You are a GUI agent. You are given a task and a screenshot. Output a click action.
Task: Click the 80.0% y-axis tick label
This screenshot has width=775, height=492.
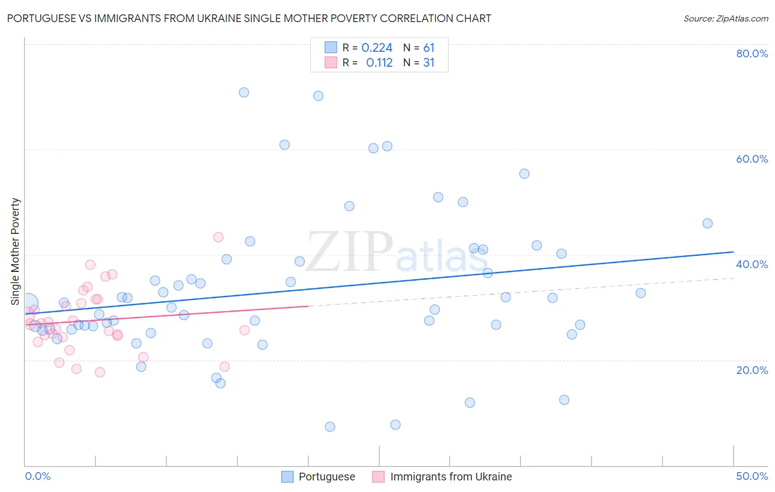[x=752, y=54]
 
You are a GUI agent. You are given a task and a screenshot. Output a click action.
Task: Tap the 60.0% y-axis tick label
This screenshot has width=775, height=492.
[x=752, y=159]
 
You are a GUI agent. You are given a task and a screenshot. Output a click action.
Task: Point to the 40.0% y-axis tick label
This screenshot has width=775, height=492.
[x=752, y=264]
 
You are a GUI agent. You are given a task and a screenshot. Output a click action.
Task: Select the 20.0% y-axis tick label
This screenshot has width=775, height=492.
[x=752, y=370]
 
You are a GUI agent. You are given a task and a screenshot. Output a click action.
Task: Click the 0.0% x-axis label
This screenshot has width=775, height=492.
[x=37, y=476]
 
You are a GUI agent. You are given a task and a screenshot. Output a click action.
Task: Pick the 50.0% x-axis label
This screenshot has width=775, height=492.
[x=752, y=476]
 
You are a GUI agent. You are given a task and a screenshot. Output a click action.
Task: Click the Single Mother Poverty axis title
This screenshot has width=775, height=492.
[x=15, y=252]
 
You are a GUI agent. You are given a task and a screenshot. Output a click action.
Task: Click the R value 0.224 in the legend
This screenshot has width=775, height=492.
[x=377, y=48]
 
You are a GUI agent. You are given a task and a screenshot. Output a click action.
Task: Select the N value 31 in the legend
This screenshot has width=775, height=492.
[x=429, y=63]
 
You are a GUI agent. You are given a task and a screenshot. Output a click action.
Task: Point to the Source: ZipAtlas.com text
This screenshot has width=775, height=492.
[x=725, y=19]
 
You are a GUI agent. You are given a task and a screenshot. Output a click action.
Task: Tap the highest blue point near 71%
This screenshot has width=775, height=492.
[x=244, y=92]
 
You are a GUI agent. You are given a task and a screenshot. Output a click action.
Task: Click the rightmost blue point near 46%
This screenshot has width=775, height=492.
[x=707, y=223]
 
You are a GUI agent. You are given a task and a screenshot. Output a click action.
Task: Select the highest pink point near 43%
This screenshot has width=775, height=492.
[x=218, y=237]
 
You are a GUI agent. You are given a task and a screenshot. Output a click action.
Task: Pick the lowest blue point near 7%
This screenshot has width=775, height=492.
[x=330, y=426]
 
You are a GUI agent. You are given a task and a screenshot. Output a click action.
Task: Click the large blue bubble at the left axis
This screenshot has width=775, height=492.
[x=28, y=302]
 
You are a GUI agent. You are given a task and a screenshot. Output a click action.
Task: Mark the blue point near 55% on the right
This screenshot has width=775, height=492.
[x=524, y=174]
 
